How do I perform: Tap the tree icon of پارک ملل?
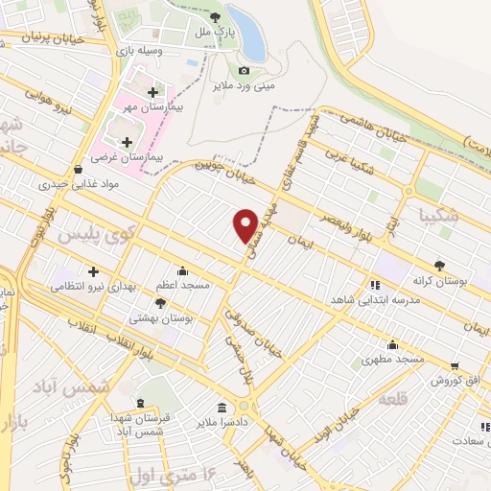pyautogui.click(x=215, y=16)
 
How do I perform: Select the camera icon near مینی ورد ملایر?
pyautogui.click(x=244, y=70)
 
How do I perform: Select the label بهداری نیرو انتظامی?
pyautogui.click(x=87, y=286)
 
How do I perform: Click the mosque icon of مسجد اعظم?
pyautogui.click(x=182, y=270)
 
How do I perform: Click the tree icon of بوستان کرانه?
pyautogui.click(x=440, y=266)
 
